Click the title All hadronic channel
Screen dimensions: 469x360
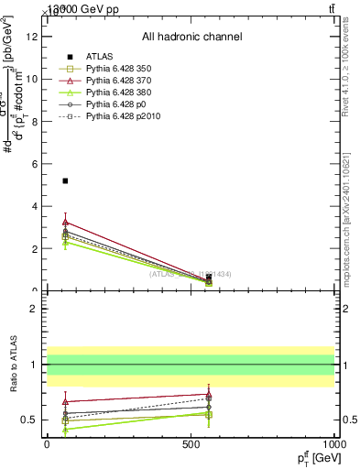(191, 37)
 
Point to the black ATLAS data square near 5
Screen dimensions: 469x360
(65, 181)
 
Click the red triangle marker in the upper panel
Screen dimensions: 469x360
(65, 223)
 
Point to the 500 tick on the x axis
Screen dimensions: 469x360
(191, 444)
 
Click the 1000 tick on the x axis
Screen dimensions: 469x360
(334, 444)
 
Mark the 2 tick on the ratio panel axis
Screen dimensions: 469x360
(36, 310)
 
